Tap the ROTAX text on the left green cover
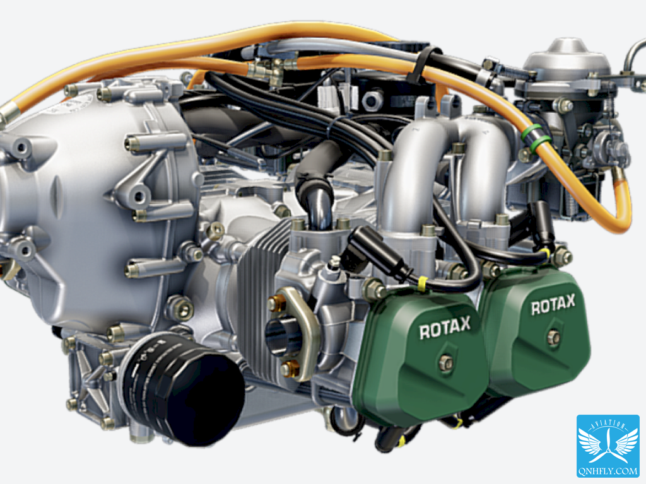(445, 328)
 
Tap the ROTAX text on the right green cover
(553, 304)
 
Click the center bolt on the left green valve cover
(445, 362)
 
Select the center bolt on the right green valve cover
(553, 338)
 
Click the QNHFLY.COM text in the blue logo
(608, 471)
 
